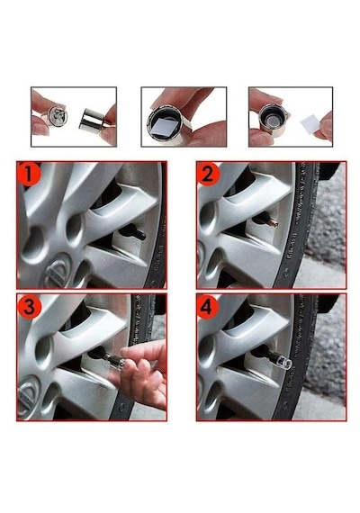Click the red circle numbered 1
(x=30, y=174)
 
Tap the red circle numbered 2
(x=209, y=175)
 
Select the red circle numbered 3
(x=29, y=306)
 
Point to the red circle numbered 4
(x=207, y=307)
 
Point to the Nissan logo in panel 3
(x=29, y=395)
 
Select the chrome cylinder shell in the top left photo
(x=94, y=122)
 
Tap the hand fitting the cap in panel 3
(x=144, y=373)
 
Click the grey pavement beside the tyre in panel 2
(x=328, y=229)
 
